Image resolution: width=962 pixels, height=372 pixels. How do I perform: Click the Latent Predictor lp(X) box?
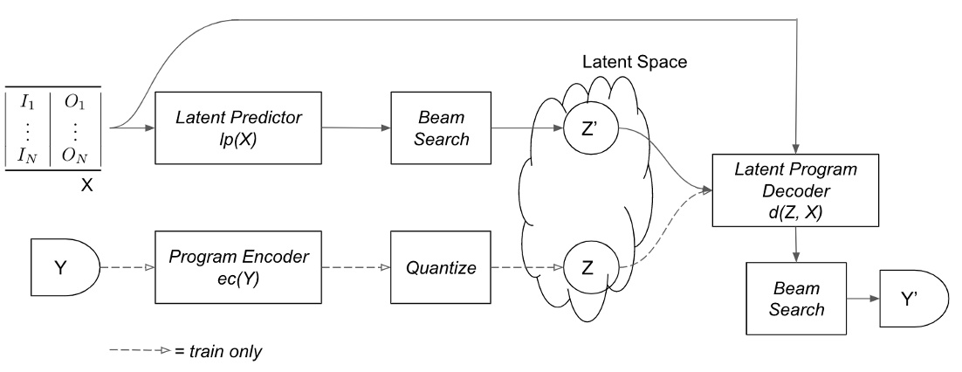pyautogui.click(x=237, y=127)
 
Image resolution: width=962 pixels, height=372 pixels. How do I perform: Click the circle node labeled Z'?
pyautogui.click(x=588, y=127)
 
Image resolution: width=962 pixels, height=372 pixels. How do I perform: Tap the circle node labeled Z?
pyautogui.click(x=588, y=266)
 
